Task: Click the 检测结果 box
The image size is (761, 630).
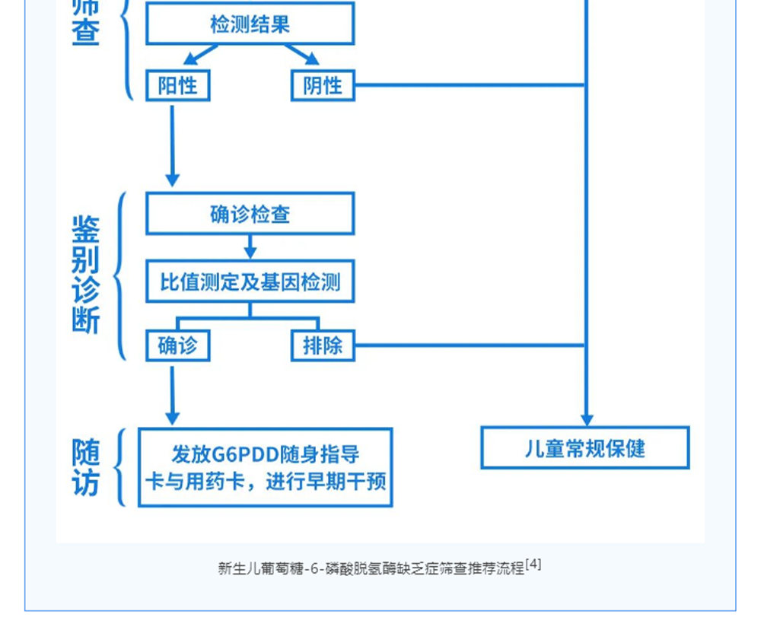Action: [x=250, y=24]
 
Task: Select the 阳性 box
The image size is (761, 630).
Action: [x=177, y=85]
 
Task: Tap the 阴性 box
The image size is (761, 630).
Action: [x=323, y=85]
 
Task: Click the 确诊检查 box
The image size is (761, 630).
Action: [x=250, y=214]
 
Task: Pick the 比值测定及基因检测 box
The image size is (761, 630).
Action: [x=250, y=282]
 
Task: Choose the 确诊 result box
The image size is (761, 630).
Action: [x=177, y=345]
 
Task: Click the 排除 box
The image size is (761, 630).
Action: [x=323, y=345]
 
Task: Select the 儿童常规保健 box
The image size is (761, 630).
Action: [x=584, y=448]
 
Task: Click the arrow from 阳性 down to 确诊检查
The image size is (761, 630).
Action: [x=172, y=145]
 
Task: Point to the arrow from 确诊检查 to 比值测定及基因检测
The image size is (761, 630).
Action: [x=250, y=247]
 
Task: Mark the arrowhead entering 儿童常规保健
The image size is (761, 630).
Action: [x=586, y=418]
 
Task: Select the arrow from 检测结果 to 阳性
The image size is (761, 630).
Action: [x=199, y=55]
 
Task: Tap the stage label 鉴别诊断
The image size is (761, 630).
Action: [x=85, y=275]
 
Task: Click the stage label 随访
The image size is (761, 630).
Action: [x=85, y=467]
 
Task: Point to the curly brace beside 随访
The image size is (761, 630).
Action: [x=120, y=467]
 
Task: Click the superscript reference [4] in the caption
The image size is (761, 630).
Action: [x=533, y=565]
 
